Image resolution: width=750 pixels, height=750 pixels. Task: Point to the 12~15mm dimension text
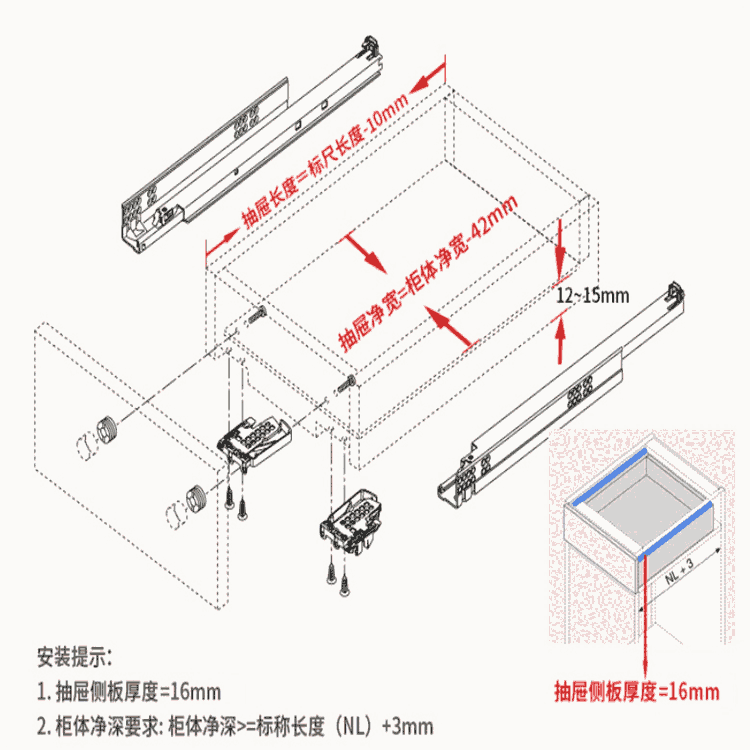(x=593, y=296)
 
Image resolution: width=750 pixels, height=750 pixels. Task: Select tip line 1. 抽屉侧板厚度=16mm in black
(x=129, y=691)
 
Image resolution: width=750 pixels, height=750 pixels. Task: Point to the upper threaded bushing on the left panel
(x=108, y=431)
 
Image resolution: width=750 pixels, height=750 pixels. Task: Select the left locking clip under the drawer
(x=255, y=441)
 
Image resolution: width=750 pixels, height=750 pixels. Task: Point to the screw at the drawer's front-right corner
(x=349, y=382)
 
